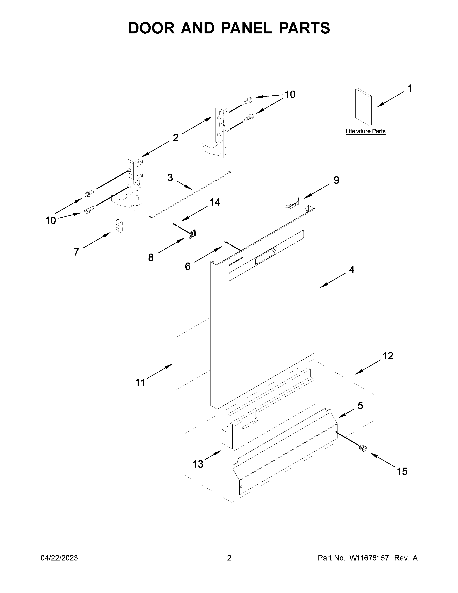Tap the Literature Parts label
[x=366, y=131]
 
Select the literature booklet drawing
[x=364, y=107]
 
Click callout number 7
[x=77, y=252]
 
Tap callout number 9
[x=336, y=180]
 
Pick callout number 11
[x=140, y=383]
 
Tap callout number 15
[x=402, y=471]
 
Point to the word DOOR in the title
[x=151, y=28]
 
